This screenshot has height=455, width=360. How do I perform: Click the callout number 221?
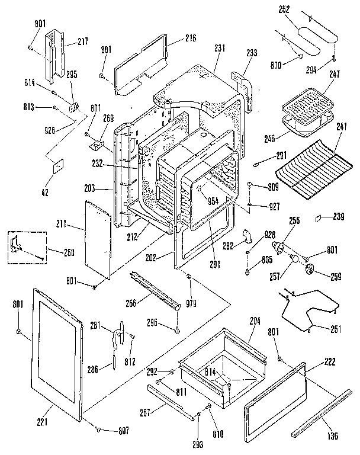click(41, 422)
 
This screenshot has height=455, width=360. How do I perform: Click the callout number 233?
click(252, 53)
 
